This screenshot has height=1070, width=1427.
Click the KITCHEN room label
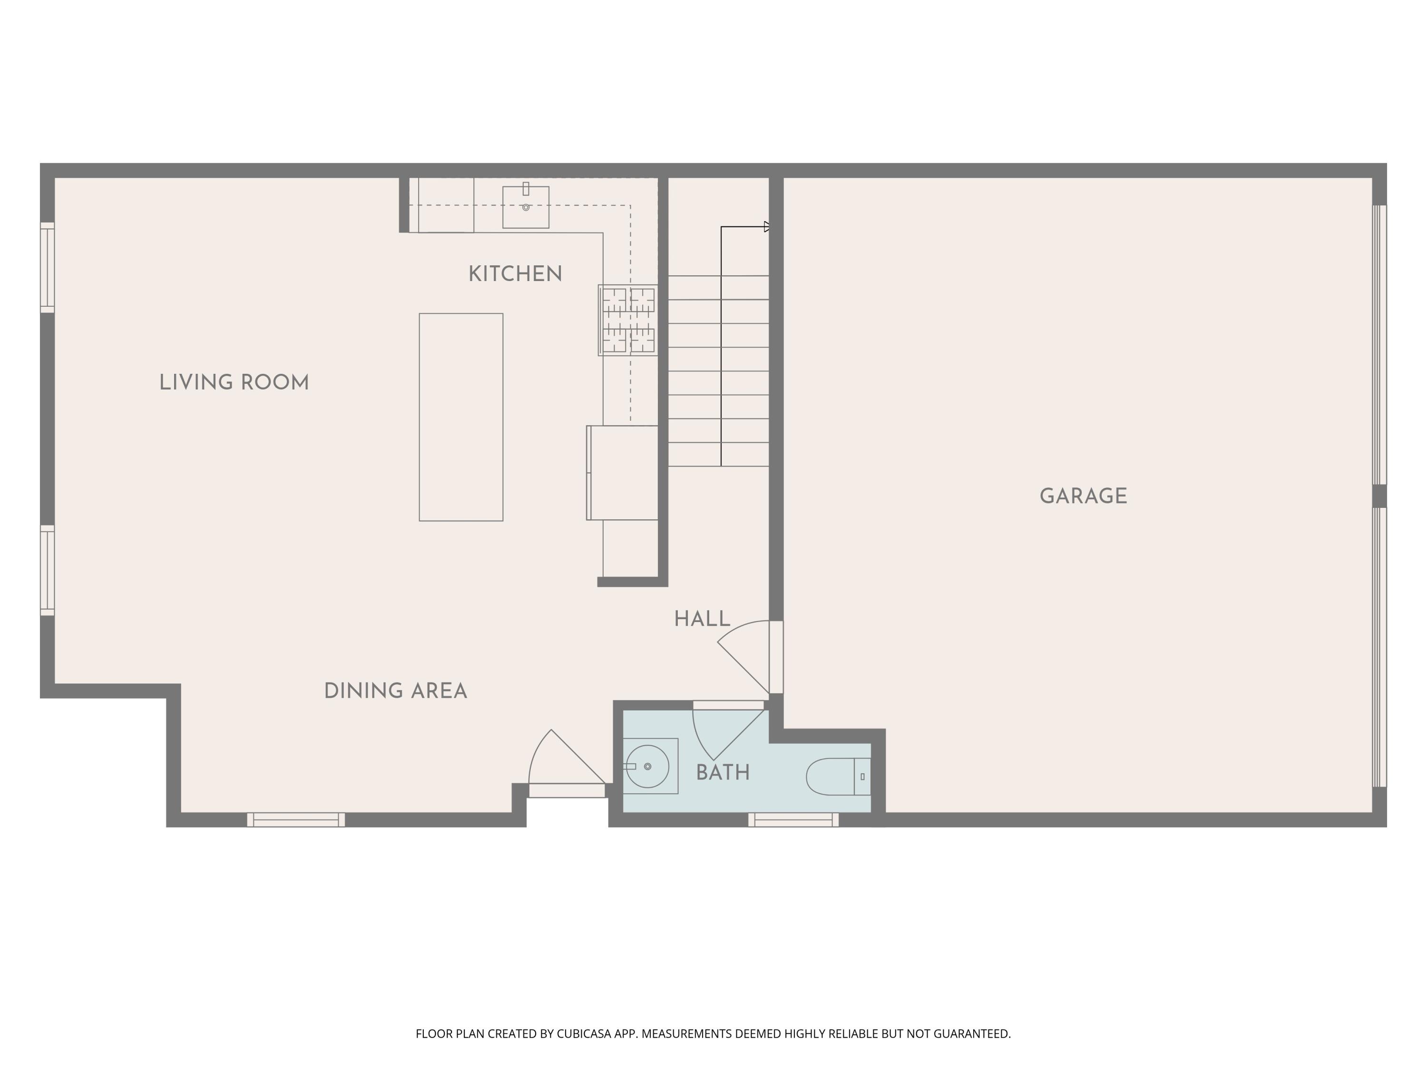pos(515,274)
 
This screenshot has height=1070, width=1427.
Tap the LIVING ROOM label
pos(234,382)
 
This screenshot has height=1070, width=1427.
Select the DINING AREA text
pos(395,691)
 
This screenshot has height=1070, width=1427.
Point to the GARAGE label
pos(1083,496)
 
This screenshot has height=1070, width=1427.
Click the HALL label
pos(702,619)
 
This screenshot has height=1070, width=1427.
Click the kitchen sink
pos(526,207)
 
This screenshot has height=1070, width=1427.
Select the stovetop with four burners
pos(628,321)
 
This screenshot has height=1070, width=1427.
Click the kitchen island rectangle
pos(460,417)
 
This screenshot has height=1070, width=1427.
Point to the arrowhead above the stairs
pos(767,226)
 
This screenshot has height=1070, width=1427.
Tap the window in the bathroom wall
pos(793,820)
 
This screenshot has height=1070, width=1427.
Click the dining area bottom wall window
pos(296,820)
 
